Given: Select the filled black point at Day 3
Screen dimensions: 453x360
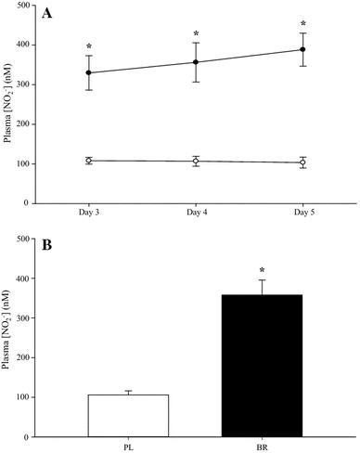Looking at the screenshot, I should pyautogui.click(x=89, y=72).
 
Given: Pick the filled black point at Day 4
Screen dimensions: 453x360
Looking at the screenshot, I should pyautogui.click(x=196, y=62).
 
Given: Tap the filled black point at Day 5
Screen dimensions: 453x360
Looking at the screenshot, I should pyautogui.click(x=302, y=49).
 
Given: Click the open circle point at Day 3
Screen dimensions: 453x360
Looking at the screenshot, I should pyautogui.click(x=89, y=161).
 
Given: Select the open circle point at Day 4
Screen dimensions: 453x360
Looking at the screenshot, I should pyautogui.click(x=196, y=162).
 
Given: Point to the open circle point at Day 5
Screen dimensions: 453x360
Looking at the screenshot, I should pyautogui.click(x=302, y=162).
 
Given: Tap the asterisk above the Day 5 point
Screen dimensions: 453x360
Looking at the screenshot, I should pyautogui.click(x=302, y=24).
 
